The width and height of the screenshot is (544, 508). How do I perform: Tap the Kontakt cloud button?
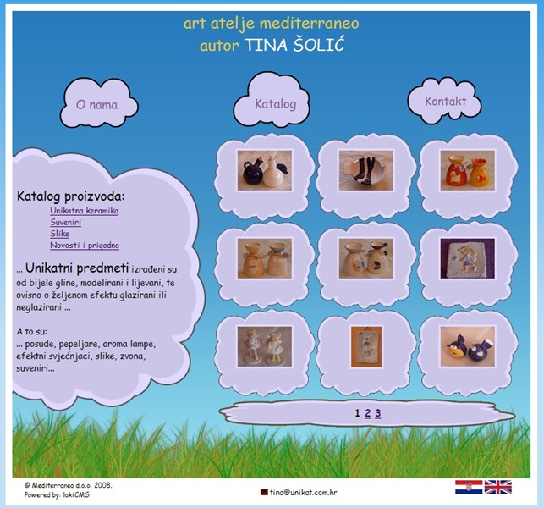point(445,101)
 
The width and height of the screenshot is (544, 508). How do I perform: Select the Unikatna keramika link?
point(85,211)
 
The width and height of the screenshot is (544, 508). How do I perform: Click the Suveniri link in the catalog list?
point(66,222)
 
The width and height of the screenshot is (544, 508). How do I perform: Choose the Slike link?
point(60,234)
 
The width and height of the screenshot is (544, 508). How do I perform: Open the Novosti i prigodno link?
point(85,246)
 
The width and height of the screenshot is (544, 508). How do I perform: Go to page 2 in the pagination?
point(368,413)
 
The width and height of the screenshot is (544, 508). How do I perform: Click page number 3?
point(378,413)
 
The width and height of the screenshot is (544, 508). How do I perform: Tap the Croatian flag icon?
point(469,487)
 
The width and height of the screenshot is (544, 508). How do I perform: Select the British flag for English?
point(497,487)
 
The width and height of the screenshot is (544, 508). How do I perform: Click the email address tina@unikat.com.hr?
point(303,492)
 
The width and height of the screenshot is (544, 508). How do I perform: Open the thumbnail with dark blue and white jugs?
point(265,170)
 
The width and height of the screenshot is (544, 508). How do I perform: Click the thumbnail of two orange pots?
point(468,170)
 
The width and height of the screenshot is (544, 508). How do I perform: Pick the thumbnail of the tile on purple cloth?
point(468,258)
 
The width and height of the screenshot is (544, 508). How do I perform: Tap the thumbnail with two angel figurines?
point(265,346)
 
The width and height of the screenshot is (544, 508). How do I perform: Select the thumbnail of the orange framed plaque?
point(366,346)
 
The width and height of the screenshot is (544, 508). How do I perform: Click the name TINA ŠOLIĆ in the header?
point(294,46)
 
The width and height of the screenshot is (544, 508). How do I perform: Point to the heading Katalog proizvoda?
point(70,196)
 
